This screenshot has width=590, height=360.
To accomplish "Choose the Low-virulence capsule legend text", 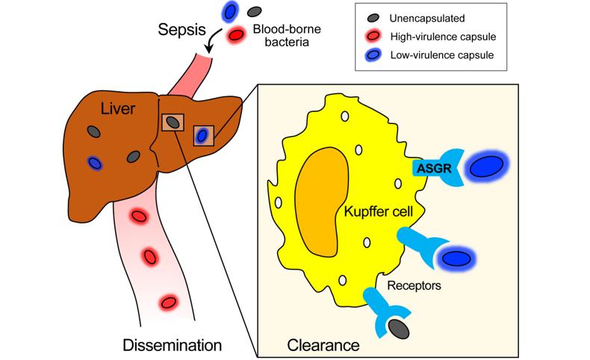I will point(442,55).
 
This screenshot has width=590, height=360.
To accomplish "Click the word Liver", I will point(119,110).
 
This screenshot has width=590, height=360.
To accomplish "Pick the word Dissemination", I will point(173,345).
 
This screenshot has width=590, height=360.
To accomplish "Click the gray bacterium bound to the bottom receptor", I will point(399,326).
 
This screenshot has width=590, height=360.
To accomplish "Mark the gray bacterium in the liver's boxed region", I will point(173,122).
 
